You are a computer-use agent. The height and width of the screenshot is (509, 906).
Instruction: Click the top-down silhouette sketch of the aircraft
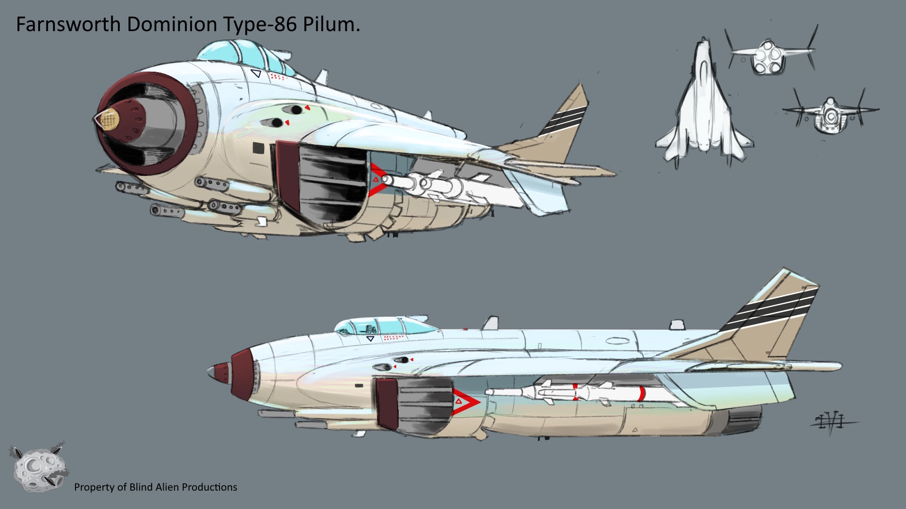point(703,106)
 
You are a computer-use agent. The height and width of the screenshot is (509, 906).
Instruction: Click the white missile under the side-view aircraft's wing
point(566,393)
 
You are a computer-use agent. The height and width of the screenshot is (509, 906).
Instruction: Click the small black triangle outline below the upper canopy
point(256,74)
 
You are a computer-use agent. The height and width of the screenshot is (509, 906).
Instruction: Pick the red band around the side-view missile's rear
point(641,394)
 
